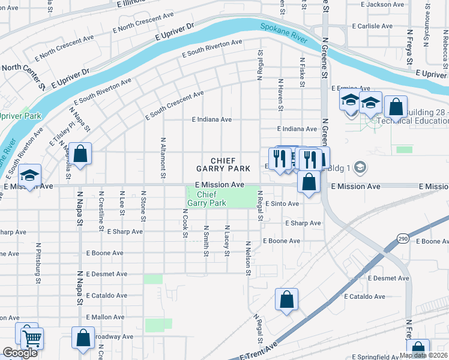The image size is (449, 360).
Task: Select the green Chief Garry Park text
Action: click(x=206, y=199)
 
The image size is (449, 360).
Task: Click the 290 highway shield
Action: click(x=402, y=240)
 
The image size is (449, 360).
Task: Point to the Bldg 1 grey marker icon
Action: click(x=360, y=166)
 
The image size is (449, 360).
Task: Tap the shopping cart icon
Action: click(x=31, y=338)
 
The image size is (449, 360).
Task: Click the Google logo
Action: click(x=20, y=353)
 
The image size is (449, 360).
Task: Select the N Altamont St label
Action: click(x=163, y=158)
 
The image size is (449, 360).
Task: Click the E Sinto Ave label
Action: click(x=282, y=204)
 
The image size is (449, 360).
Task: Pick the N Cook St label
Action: click(x=185, y=223)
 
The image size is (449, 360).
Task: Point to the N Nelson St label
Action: click(x=247, y=259)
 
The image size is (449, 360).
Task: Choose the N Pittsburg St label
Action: click(x=38, y=263)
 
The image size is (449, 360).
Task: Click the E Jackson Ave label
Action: click(x=385, y=5)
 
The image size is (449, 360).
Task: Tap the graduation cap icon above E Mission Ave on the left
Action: click(x=29, y=175)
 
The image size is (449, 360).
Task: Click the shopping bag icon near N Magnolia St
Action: click(x=80, y=153)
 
